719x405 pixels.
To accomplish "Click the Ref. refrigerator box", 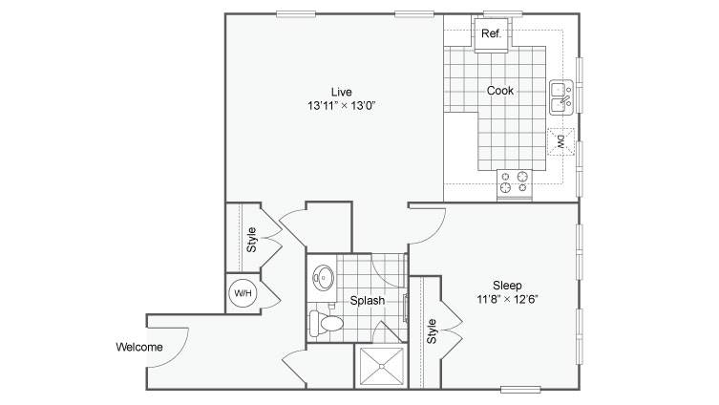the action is [491, 34].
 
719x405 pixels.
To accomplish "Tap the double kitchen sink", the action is [561, 97].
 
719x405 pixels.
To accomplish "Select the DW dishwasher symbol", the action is [560, 141].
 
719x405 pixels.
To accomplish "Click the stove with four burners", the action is [515, 184].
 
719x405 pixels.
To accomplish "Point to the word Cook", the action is [499, 91].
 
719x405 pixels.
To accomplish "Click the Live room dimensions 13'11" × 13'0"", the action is [342, 105].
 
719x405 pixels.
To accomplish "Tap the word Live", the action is [342, 92].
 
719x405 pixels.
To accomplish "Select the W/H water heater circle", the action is [243, 292].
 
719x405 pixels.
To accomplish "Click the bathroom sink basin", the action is [324, 278].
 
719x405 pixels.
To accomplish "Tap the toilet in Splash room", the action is [327, 323].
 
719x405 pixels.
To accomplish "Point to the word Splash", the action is [368, 301].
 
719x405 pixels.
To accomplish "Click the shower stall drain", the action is [381, 366].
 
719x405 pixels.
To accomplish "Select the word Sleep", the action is [507, 286].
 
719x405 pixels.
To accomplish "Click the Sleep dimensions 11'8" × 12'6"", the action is [507, 300].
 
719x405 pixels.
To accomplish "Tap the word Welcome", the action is [139, 347].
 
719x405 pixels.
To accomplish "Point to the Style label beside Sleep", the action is [432, 331].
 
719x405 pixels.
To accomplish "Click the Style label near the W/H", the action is [251, 240].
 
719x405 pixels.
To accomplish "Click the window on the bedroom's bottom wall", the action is [520, 390].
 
